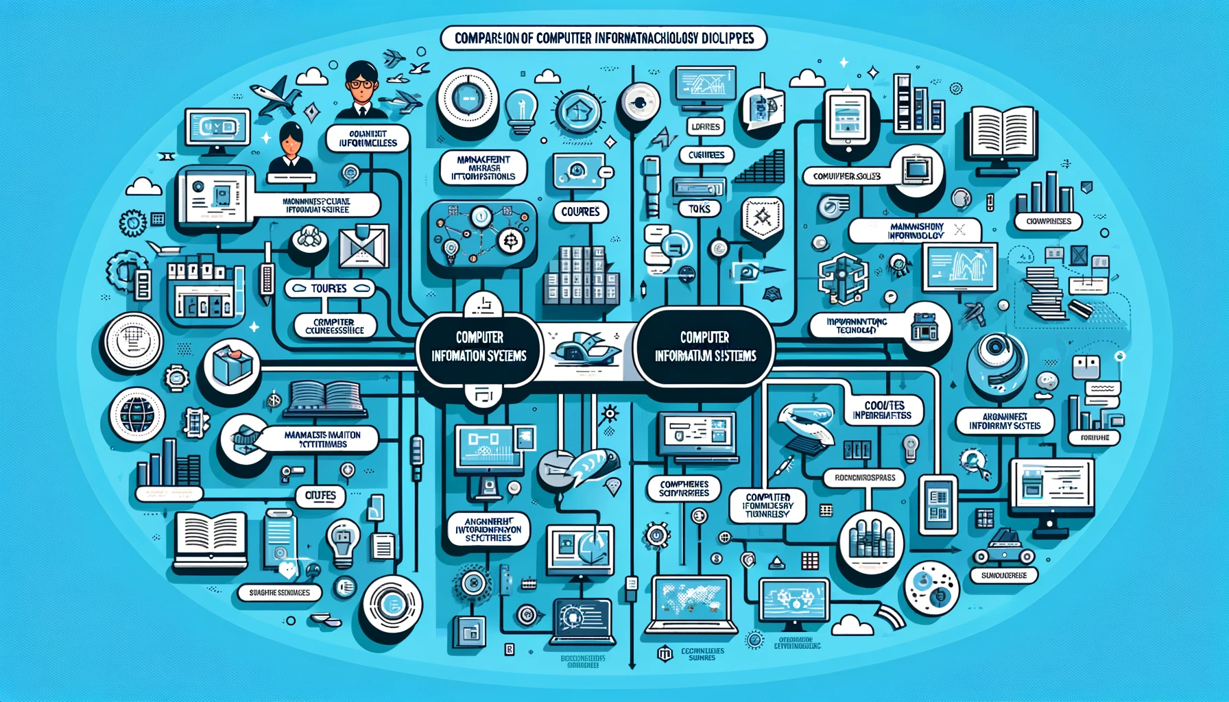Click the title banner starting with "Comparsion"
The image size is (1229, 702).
pos(604,38)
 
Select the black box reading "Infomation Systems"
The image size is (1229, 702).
pos(479,347)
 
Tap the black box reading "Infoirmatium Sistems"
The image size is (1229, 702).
pos(705,347)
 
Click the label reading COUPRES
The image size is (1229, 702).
pos(580,212)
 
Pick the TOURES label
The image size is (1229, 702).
pos(329,289)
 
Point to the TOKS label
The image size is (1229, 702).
pos(699,208)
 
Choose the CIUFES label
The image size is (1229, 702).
pos(320,495)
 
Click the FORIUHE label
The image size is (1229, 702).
pos(1095,437)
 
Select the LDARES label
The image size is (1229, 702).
pos(706,127)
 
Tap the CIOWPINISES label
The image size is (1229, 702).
pos(1048,221)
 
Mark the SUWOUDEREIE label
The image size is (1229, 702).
pos(1003,575)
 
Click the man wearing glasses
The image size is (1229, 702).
pos(361,89)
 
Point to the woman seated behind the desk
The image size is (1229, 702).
pos(291,151)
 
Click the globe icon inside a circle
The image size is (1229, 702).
pos(136,413)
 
